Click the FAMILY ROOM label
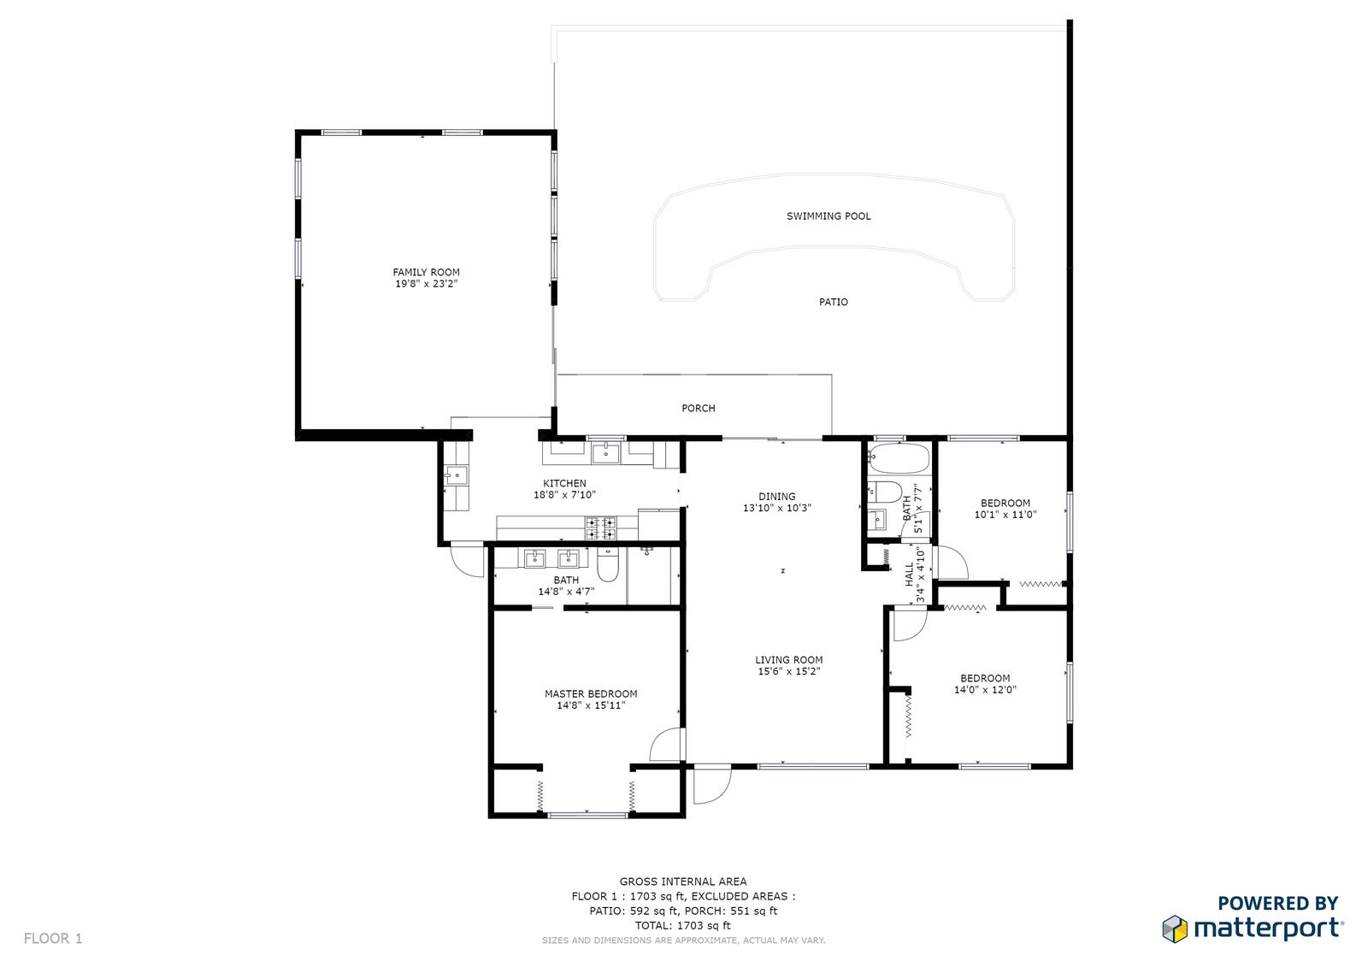pos(427,273)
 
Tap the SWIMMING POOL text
pos(828,216)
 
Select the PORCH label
pos(698,408)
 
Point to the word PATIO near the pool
pos(833,302)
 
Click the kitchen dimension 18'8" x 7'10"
pos(564,495)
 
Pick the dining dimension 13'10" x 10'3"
pos(777,508)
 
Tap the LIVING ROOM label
pos(788,660)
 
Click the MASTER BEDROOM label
pos(591,694)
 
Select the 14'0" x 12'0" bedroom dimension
pos(985,690)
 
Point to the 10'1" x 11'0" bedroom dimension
pos(1005,515)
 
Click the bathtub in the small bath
pos(899,459)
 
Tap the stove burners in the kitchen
pos(601,528)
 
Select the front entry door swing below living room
pos(713,784)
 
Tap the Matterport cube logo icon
pos(1174,929)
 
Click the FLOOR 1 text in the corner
pos(53,938)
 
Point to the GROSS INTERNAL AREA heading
pos(683,882)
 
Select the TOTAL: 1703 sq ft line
pos(683,925)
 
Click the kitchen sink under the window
pos(605,454)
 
